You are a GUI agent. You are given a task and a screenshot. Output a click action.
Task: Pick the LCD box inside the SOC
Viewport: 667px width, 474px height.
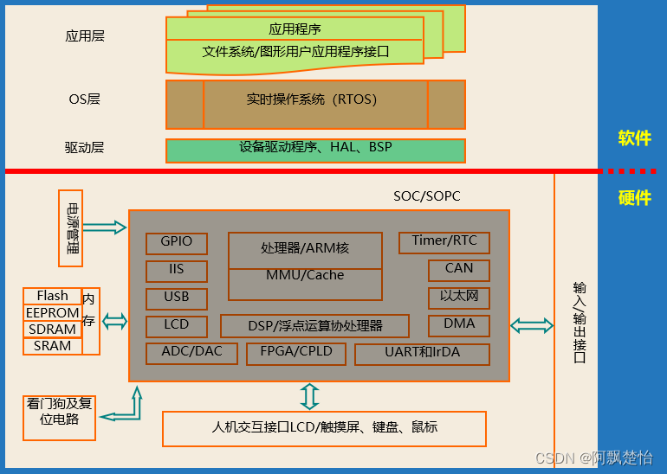pyautogui.click(x=177, y=326)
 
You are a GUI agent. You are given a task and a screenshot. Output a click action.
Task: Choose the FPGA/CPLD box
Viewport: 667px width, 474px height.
pyautogui.click(x=295, y=354)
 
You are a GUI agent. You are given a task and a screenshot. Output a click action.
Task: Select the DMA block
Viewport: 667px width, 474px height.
pyautogui.click(x=459, y=325)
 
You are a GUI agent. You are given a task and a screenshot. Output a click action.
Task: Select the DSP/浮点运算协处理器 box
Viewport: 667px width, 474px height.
pyautogui.click(x=315, y=326)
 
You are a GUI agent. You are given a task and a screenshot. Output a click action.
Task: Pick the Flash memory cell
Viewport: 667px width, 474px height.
pyautogui.click(x=52, y=297)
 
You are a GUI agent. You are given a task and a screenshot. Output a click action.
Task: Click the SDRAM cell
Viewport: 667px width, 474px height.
pyautogui.click(x=52, y=330)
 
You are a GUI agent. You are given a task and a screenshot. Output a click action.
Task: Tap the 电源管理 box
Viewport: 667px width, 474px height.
pyautogui.click(x=71, y=227)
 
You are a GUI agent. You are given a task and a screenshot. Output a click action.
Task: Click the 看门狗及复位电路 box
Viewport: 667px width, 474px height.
pyautogui.click(x=59, y=412)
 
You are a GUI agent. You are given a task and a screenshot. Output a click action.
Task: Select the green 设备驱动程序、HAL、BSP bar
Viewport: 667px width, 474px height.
pyautogui.click(x=315, y=149)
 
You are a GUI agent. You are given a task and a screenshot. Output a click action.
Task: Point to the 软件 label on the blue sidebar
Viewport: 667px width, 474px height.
pyautogui.click(x=634, y=138)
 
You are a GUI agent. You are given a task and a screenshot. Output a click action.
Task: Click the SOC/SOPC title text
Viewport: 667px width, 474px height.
pyautogui.click(x=427, y=196)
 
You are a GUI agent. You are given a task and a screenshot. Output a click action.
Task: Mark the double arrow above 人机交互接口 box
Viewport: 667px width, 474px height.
pyautogui.click(x=309, y=396)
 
